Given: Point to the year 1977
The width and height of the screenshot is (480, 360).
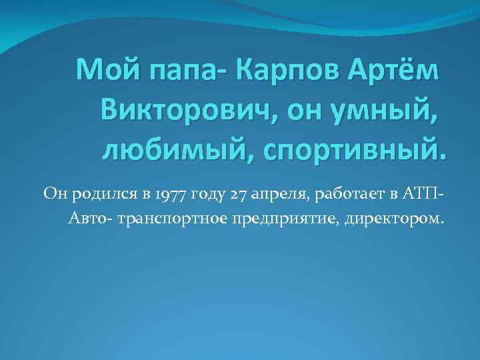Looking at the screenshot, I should pos(170,194).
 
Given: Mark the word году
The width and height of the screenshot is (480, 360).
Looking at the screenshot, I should pos(208,194).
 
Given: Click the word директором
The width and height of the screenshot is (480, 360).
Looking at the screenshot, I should pos(392,218).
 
